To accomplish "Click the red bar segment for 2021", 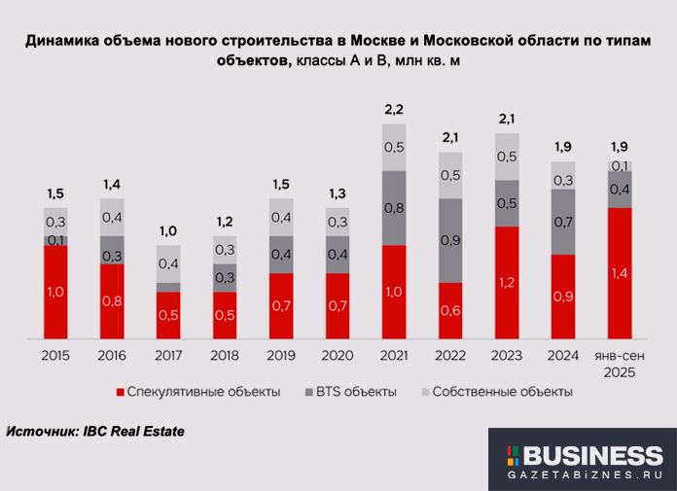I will coord(394,292).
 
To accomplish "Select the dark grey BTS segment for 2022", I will coord(450,240).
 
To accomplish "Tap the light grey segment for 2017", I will coord(169,263).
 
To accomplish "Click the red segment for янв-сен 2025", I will coord(620,272).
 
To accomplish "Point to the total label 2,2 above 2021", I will coord(394,109).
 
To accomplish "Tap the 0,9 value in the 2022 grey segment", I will coord(450,240).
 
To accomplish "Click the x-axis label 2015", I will coord(56,356).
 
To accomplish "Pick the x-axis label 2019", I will coord(281,356).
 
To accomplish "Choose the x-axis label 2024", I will coord(563,356).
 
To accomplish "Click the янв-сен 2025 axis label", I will coord(620,365).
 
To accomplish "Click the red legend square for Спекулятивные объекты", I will coord(121,393).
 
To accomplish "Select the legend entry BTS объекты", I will coord(357,393).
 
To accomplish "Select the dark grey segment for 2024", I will coord(563,222).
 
